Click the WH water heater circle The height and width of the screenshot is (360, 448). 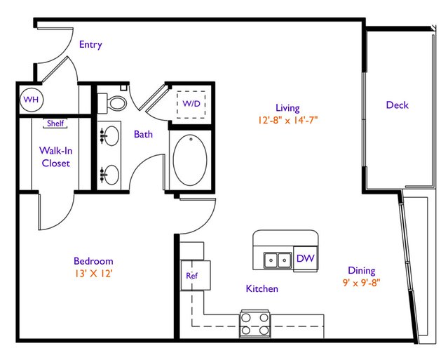click(31, 100)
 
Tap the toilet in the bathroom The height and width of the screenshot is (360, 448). click(112, 102)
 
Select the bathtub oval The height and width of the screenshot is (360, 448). click(190, 160)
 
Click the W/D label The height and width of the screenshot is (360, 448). click(191, 104)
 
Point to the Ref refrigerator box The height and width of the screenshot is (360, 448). click(196, 275)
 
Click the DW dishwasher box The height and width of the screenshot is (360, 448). click(306, 258)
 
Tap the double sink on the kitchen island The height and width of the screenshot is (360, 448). click(278, 260)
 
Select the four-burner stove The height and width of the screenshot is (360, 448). click(255, 324)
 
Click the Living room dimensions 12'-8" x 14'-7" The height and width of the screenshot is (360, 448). click(287, 121)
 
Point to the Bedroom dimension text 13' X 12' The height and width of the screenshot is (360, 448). click(93, 274)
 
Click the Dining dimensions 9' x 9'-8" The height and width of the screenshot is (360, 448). click(362, 283)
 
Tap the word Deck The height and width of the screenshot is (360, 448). click(397, 105)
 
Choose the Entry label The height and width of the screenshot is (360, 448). click(90, 45)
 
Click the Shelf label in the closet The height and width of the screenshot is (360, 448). click(55, 124)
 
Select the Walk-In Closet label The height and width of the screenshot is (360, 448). click(55, 156)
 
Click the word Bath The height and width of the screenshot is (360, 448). click(143, 134)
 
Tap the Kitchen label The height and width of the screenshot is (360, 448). click(262, 288)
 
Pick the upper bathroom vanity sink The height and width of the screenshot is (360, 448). click(109, 136)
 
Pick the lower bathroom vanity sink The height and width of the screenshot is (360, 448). click(109, 175)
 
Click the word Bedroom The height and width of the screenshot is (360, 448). click(93, 261)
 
